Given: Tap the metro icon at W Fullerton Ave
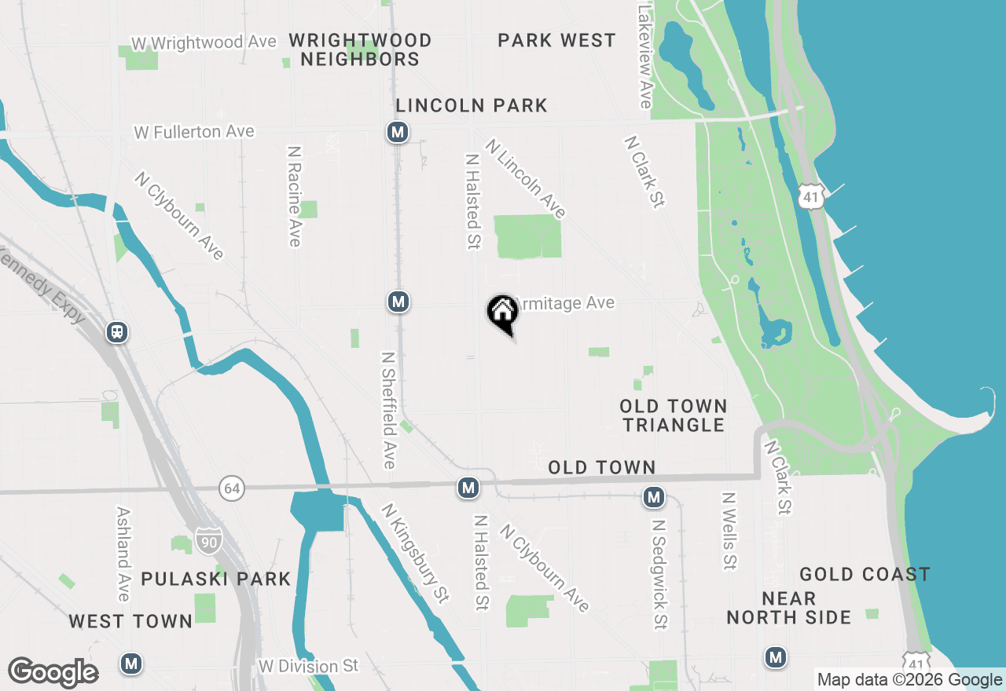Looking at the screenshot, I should [398, 132].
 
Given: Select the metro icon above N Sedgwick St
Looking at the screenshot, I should [654, 496].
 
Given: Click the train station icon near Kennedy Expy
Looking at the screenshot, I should [118, 332].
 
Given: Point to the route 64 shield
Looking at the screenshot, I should [231, 488].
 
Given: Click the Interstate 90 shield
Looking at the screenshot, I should [209, 540].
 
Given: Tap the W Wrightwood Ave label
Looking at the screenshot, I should [204, 42].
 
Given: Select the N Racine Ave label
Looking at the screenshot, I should [295, 196].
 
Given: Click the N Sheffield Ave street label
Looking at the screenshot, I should [388, 409].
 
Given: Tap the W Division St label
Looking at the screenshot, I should [308, 666].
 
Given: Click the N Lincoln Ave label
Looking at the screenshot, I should [526, 179].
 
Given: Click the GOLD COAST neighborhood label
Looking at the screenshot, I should [865, 574].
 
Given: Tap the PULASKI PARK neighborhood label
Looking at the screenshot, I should [216, 579].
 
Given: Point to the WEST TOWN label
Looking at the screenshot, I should [130, 621].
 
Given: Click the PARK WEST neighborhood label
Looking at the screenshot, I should [556, 40].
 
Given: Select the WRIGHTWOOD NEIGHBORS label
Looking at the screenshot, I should [360, 49].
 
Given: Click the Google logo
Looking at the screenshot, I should [53, 672].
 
